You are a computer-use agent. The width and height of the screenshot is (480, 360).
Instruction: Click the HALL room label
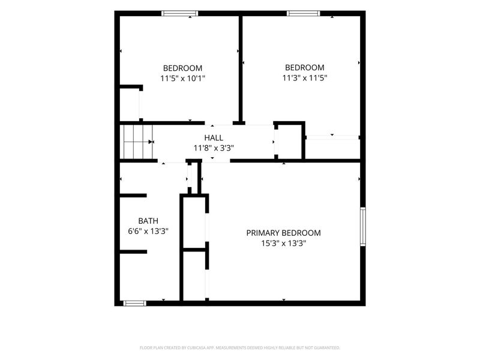tap(214, 138)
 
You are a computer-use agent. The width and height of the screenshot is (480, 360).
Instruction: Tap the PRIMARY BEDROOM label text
tap(283, 233)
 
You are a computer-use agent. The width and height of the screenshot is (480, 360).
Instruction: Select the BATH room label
tap(148, 221)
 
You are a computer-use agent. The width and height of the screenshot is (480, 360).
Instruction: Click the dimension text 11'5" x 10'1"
tap(183, 79)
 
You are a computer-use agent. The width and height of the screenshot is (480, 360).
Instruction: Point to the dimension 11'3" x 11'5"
tap(305, 78)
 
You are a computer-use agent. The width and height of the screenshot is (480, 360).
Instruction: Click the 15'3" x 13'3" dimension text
tap(283, 244)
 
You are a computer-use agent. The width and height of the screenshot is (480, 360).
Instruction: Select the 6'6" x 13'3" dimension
tap(148, 231)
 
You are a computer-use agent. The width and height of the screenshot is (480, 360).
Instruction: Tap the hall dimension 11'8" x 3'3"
tap(214, 148)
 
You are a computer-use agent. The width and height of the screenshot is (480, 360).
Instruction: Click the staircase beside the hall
tap(136, 142)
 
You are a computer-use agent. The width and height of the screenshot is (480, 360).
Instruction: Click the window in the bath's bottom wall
tap(134, 304)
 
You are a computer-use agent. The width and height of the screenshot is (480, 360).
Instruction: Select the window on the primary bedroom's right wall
tap(363, 227)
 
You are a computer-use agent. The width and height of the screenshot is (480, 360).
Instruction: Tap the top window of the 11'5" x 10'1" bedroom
tap(179, 13)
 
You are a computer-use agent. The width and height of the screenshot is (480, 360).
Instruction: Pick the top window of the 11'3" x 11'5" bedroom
tap(304, 13)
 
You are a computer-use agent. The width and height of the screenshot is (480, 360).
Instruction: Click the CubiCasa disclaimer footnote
tap(239, 348)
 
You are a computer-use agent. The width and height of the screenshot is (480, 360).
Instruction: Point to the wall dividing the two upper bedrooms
tap(241, 68)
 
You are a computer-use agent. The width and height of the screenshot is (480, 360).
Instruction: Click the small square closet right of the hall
tap(290, 142)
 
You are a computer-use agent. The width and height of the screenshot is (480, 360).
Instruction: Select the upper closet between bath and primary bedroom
tap(194, 223)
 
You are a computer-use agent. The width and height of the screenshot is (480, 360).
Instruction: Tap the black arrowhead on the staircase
tap(151, 142)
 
